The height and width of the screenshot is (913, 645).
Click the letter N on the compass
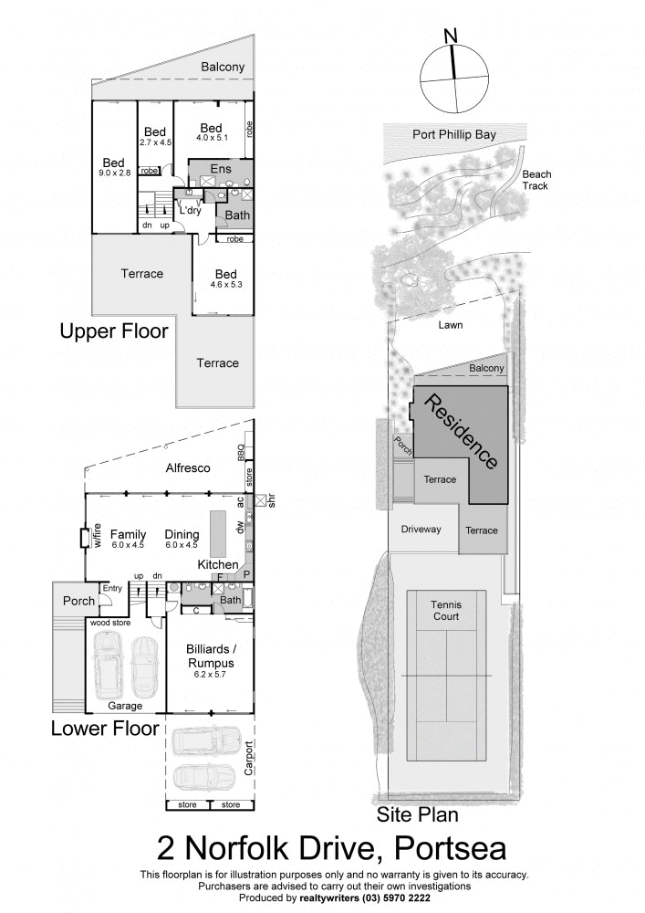point(450,35)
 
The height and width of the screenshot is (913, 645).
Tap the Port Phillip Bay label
point(453,134)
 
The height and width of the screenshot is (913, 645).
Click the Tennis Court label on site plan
point(446,610)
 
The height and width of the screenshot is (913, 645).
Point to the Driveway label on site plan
point(421,529)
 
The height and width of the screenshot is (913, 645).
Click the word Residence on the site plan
point(463,431)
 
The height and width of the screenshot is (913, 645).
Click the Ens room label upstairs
point(221,169)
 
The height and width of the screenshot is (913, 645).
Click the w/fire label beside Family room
point(97,536)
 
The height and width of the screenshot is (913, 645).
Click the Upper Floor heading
point(114,331)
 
